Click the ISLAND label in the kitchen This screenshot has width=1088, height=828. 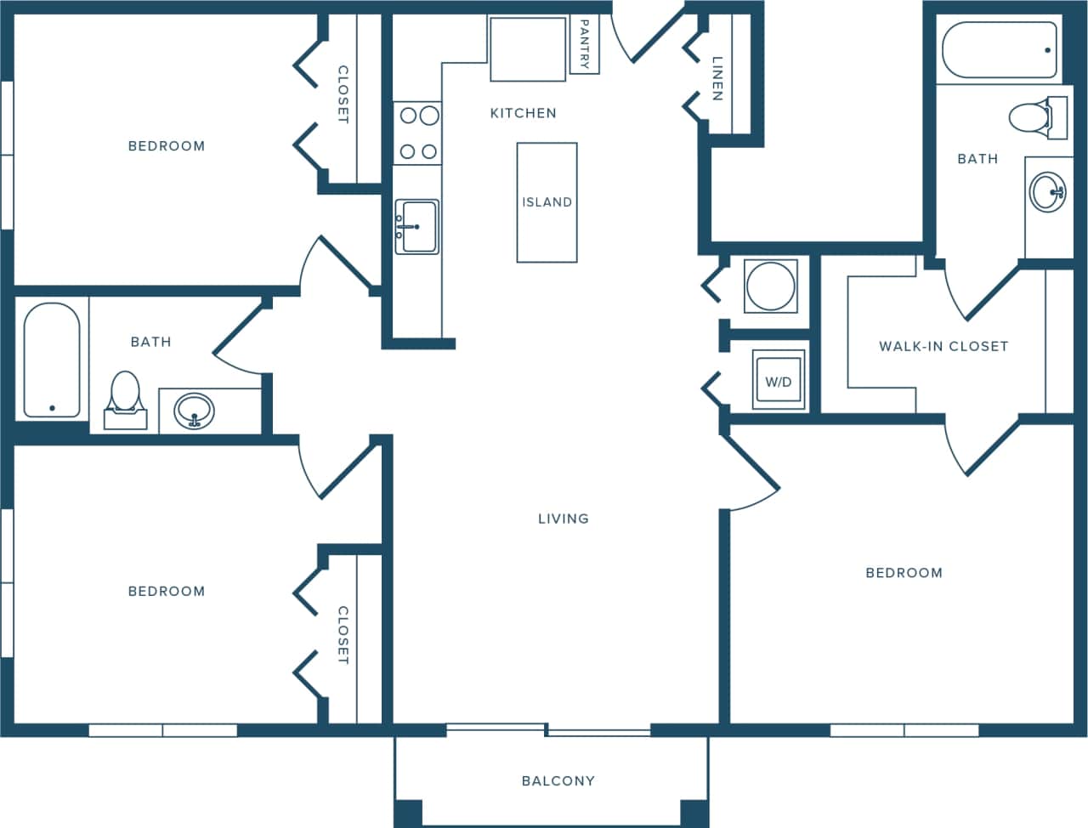[547, 202]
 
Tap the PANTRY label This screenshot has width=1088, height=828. [584, 44]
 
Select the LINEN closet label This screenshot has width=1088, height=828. [717, 78]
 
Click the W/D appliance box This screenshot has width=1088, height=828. [779, 382]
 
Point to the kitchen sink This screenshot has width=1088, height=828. [416, 227]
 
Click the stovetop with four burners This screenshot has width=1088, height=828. [417, 133]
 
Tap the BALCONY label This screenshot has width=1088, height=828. [558, 780]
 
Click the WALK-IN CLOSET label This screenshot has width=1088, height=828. [943, 346]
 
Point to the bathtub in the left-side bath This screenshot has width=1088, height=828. [52, 360]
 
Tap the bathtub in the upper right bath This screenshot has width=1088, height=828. [1000, 49]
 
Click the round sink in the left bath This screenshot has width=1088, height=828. [195, 411]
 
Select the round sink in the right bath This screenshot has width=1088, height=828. [1047, 192]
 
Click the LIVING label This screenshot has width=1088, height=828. [563, 519]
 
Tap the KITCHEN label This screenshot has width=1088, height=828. [523, 113]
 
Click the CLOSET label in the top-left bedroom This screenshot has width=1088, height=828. [343, 94]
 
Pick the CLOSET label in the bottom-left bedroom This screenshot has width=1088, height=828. [343, 635]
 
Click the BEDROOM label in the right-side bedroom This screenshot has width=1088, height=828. [904, 573]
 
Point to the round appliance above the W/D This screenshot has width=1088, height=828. [770, 285]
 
